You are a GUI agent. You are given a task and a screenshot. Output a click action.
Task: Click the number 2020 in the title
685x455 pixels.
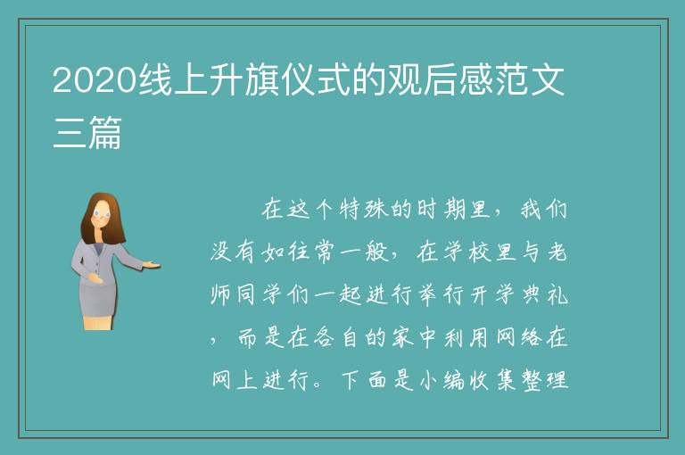tap(95, 80)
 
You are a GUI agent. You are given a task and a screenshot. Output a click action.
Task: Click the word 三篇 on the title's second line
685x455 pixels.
tap(87, 132)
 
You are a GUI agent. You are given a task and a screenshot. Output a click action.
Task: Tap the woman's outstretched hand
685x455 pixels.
tap(151, 264)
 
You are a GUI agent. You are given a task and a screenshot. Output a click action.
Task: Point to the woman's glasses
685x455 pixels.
tap(102, 214)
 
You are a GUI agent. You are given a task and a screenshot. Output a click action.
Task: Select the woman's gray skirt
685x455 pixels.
tap(98, 300)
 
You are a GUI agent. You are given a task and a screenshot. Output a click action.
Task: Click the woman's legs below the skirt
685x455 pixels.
tap(98, 323)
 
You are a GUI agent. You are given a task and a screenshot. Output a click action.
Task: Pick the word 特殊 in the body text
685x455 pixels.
tap(365, 209)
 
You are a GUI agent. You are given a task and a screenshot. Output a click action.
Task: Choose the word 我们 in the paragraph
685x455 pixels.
tap(543, 209)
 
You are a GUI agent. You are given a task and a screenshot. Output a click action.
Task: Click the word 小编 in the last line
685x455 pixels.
tap(442, 379)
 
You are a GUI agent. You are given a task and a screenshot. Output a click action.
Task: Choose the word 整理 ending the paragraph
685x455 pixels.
tap(544, 379)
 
